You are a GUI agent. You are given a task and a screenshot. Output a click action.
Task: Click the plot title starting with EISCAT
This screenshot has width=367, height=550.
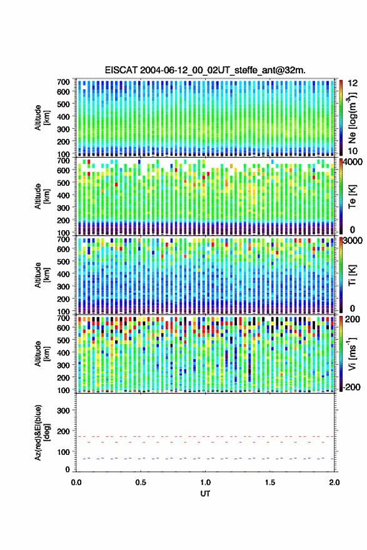[x=205, y=70]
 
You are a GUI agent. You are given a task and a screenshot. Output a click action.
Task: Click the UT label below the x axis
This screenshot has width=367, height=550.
[x=206, y=494]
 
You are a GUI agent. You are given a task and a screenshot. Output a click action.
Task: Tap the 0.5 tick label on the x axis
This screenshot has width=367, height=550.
[x=141, y=482]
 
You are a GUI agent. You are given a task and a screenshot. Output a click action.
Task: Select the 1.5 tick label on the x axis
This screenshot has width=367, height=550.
[x=270, y=482]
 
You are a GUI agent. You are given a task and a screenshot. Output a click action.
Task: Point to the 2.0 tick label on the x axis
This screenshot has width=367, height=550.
[x=334, y=482]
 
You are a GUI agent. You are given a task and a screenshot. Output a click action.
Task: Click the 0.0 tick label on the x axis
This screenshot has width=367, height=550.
[x=76, y=482]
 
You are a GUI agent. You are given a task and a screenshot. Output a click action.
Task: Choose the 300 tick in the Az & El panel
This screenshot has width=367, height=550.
[x=63, y=410]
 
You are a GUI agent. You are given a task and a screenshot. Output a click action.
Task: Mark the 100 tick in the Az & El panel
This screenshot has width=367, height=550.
[x=63, y=452]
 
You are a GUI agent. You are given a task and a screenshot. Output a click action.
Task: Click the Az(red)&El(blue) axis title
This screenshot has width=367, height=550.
[x=41, y=432]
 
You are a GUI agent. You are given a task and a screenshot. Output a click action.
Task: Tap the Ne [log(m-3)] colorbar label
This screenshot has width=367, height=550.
[x=352, y=118]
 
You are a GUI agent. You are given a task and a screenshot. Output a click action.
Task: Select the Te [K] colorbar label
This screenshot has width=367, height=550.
[x=352, y=196]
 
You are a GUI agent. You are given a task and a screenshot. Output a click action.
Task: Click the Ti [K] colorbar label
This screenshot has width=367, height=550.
[x=352, y=275]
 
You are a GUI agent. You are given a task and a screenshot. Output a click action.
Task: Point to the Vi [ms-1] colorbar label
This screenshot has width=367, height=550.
[x=352, y=354]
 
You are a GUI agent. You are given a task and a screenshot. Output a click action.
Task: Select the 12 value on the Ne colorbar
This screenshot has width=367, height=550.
[x=353, y=83]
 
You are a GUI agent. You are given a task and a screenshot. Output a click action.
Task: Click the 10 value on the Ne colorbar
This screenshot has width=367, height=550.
[x=353, y=151]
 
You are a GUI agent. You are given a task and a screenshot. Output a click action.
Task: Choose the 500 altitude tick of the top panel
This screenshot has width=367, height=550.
[x=63, y=104]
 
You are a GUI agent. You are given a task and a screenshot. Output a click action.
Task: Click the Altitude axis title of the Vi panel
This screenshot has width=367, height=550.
[x=41, y=354]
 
